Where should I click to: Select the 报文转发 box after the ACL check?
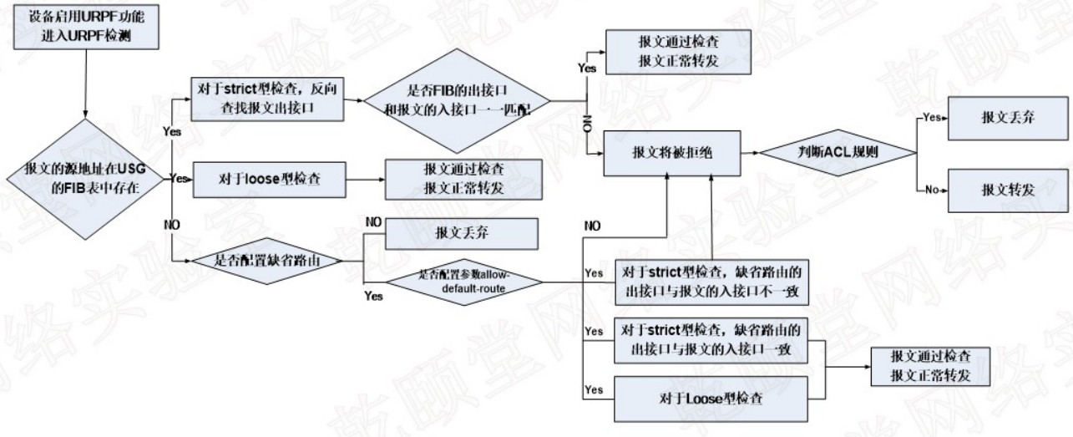[1009, 191]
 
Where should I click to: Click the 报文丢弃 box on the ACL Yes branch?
[1009, 118]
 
